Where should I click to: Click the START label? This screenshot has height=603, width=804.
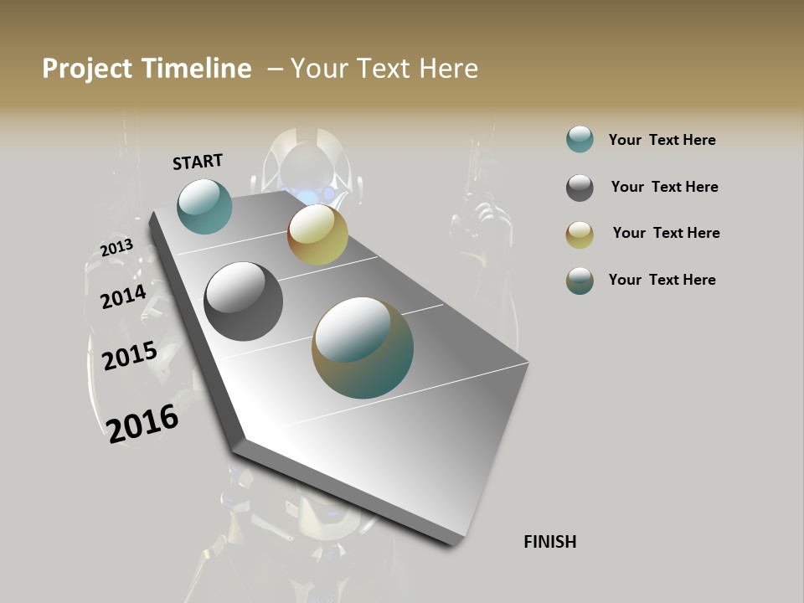(x=198, y=162)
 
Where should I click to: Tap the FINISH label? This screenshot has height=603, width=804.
(x=549, y=542)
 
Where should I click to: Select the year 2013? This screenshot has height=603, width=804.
(x=116, y=248)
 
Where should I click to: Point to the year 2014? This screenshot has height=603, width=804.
(x=123, y=296)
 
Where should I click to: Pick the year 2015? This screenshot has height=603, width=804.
(x=130, y=356)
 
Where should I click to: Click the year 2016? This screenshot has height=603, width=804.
(x=143, y=424)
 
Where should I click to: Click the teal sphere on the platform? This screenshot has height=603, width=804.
(x=204, y=206)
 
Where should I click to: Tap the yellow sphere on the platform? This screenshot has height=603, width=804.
(x=317, y=235)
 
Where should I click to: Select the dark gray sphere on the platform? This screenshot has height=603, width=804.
(x=244, y=301)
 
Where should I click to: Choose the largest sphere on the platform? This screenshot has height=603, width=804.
(x=363, y=348)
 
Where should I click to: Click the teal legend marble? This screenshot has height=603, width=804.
(x=580, y=140)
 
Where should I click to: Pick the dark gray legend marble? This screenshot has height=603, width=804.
(x=580, y=188)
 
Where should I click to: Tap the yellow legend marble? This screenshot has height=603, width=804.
(x=580, y=234)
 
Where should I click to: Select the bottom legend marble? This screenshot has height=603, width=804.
(x=580, y=281)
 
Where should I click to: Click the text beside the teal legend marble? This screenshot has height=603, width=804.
(x=662, y=140)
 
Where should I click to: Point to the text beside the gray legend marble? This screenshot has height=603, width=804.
(x=664, y=187)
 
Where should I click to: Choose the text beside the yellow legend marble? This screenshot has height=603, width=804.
(x=666, y=233)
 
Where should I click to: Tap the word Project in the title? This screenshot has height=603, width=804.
(x=86, y=69)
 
